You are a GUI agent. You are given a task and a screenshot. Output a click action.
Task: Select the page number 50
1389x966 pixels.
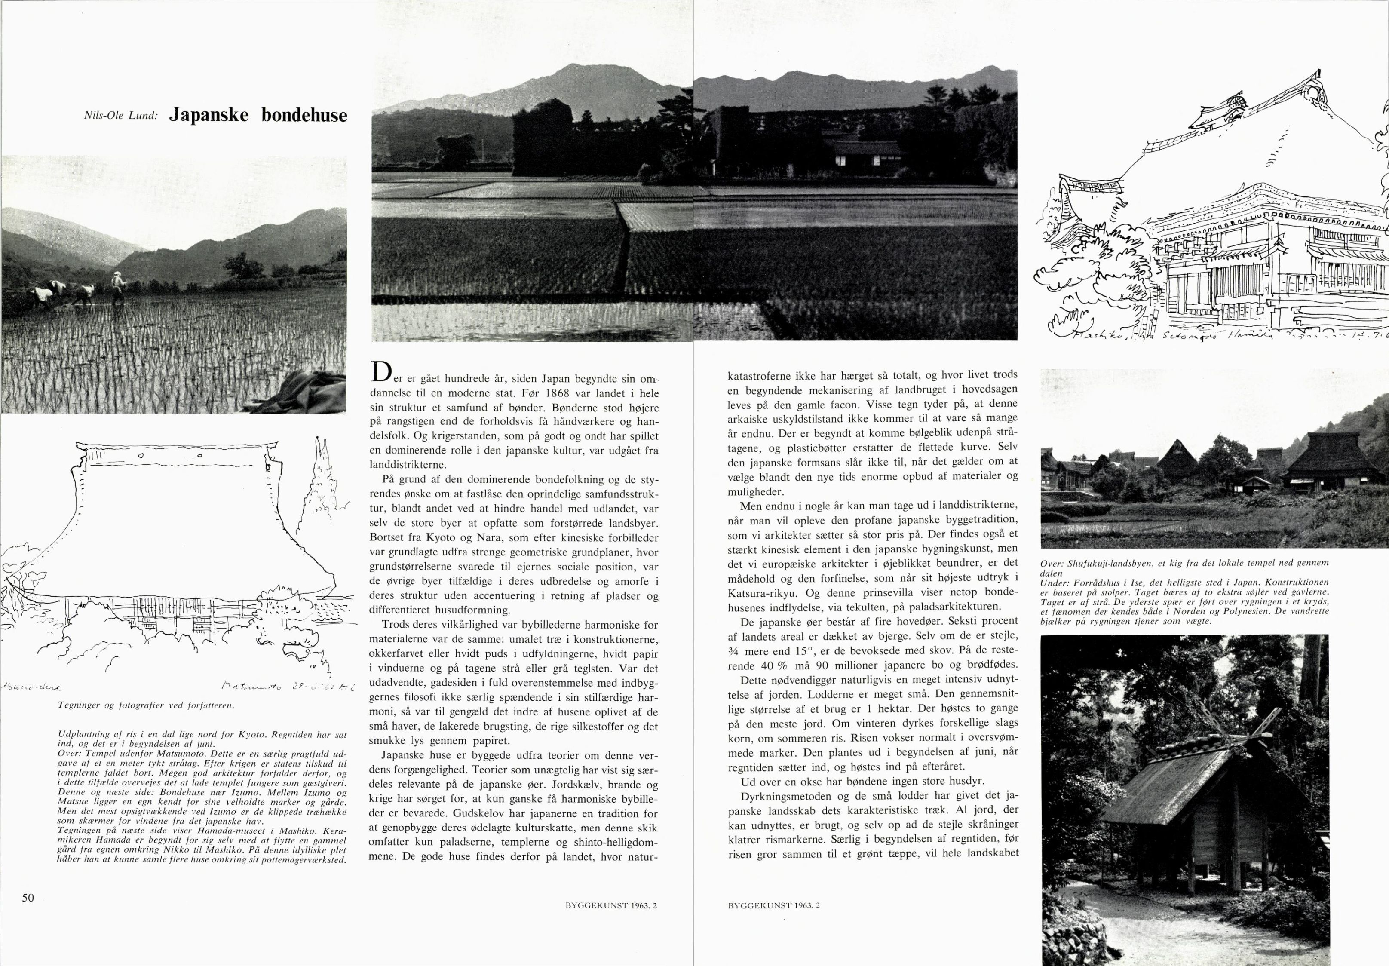(x=28, y=898)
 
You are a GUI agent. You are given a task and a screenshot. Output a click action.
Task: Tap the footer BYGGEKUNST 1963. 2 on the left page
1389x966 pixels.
(x=611, y=905)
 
